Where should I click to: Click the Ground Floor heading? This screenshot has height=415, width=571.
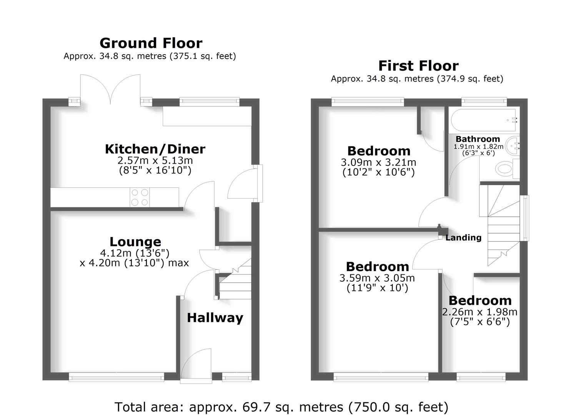click(x=151, y=43)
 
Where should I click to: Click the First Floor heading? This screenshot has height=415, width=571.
click(x=418, y=66)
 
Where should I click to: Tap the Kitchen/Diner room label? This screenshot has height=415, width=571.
click(x=155, y=149)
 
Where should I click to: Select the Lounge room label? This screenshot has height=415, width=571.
click(x=135, y=242)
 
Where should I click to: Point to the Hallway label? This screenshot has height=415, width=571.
click(x=215, y=318)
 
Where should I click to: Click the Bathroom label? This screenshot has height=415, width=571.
click(x=478, y=139)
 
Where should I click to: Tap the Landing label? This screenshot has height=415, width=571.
click(x=463, y=238)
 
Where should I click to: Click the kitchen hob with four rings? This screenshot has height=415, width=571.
click(x=140, y=197)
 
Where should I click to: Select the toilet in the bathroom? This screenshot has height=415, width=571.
click(x=507, y=169)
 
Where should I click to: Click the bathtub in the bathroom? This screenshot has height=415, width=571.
click(x=484, y=120)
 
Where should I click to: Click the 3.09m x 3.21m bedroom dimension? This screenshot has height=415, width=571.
click(x=378, y=163)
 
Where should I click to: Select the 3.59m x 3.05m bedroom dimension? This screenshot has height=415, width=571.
click(x=377, y=278)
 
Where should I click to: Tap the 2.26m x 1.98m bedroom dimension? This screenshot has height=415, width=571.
click(x=480, y=312)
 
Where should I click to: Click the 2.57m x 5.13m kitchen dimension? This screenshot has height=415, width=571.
click(x=155, y=161)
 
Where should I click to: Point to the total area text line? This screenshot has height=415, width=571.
click(x=281, y=407)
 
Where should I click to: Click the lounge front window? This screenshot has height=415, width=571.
click(x=117, y=377)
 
